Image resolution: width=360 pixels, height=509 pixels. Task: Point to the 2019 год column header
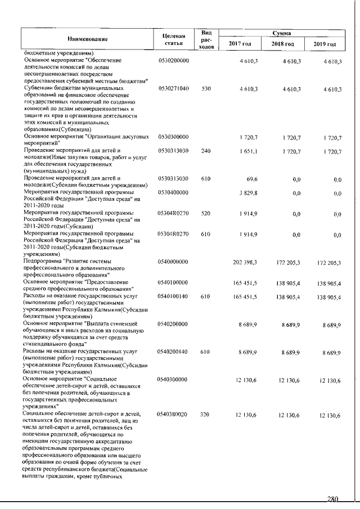coord(323,44)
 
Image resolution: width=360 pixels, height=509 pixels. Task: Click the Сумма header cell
coord(281,34)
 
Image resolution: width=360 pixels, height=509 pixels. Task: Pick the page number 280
coord(334,498)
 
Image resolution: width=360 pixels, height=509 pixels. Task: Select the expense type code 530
coord(206,89)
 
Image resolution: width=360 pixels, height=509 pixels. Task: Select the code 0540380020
coord(174,415)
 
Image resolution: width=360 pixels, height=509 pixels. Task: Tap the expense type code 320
coord(206,415)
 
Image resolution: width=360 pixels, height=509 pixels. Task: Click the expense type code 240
coord(206,152)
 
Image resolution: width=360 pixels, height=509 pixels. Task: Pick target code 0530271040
coord(174,89)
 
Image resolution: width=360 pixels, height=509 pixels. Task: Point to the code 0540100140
coord(174,295)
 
